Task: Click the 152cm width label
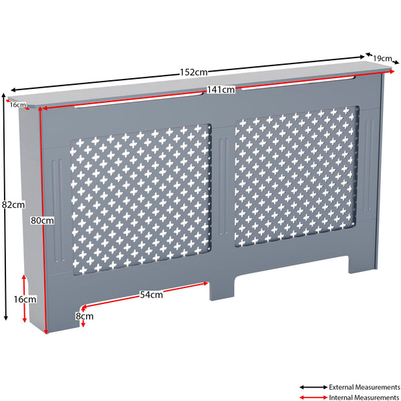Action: (192, 72)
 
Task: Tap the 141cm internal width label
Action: (220, 90)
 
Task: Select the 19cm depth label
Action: (382, 58)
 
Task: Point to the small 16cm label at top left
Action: (17, 105)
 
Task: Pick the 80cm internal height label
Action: (42, 220)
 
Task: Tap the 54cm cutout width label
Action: (152, 295)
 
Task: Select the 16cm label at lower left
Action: (25, 299)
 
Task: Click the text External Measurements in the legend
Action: (364, 386)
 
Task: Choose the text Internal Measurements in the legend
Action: (364, 398)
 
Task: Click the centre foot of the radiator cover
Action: (223, 287)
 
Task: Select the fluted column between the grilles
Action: (223, 194)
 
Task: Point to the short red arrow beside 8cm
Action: (82, 324)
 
